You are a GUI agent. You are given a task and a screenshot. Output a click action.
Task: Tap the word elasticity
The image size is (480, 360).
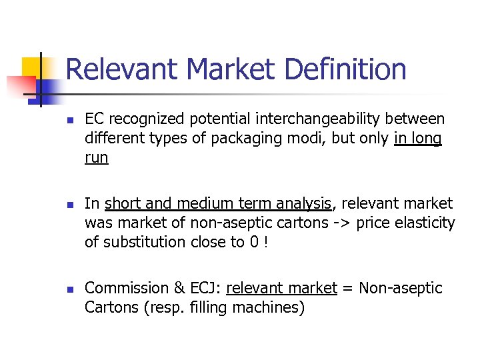tap(424, 223)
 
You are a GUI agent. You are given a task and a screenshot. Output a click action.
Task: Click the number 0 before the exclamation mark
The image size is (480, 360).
tap(254, 242)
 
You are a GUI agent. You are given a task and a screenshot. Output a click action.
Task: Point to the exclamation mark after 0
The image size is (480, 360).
tap(266, 242)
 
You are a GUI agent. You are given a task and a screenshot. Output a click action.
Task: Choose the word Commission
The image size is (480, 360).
tap(127, 288)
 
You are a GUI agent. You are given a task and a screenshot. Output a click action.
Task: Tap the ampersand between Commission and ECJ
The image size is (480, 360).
tap(179, 288)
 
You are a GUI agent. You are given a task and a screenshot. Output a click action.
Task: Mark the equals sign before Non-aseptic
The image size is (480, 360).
tap(347, 288)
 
